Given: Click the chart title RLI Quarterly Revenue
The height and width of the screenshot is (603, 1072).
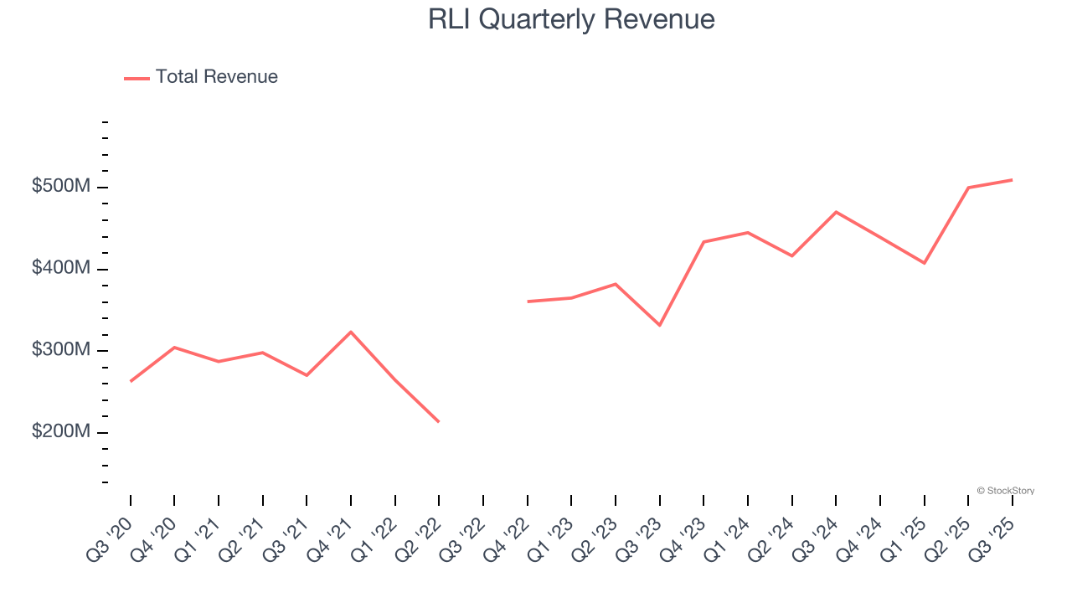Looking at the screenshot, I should pyautogui.click(x=571, y=19).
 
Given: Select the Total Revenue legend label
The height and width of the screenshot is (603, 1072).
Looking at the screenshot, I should pyautogui.click(x=216, y=77).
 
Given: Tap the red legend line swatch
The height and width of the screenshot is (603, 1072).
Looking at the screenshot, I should pyautogui.click(x=137, y=78).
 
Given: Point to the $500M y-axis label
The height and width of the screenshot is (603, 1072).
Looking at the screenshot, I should pyautogui.click(x=60, y=187).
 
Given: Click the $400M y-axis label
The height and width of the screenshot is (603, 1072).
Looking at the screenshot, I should pyautogui.click(x=60, y=269).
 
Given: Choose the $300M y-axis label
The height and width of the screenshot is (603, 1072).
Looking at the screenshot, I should pyautogui.click(x=60, y=350).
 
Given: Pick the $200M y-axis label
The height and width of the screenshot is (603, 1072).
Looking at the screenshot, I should pyautogui.click(x=60, y=432).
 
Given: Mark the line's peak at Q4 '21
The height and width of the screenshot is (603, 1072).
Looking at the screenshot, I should pyautogui.click(x=351, y=332).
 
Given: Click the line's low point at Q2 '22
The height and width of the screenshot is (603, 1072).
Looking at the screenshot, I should pyautogui.click(x=439, y=421).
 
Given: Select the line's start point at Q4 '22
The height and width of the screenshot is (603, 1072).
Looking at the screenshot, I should pyautogui.click(x=528, y=301).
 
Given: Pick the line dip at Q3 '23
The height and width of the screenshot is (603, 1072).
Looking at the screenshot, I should pyautogui.click(x=660, y=325).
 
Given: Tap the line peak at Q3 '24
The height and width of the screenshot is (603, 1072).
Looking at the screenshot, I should pyautogui.click(x=836, y=212).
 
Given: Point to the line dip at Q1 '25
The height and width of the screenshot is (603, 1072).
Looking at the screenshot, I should pyautogui.click(x=925, y=263).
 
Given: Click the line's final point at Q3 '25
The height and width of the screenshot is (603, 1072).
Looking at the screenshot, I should pyautogui.click(x=1013, y=179).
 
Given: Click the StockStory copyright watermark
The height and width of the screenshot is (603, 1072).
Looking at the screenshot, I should pyautogui.click(x=1005, y=491).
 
